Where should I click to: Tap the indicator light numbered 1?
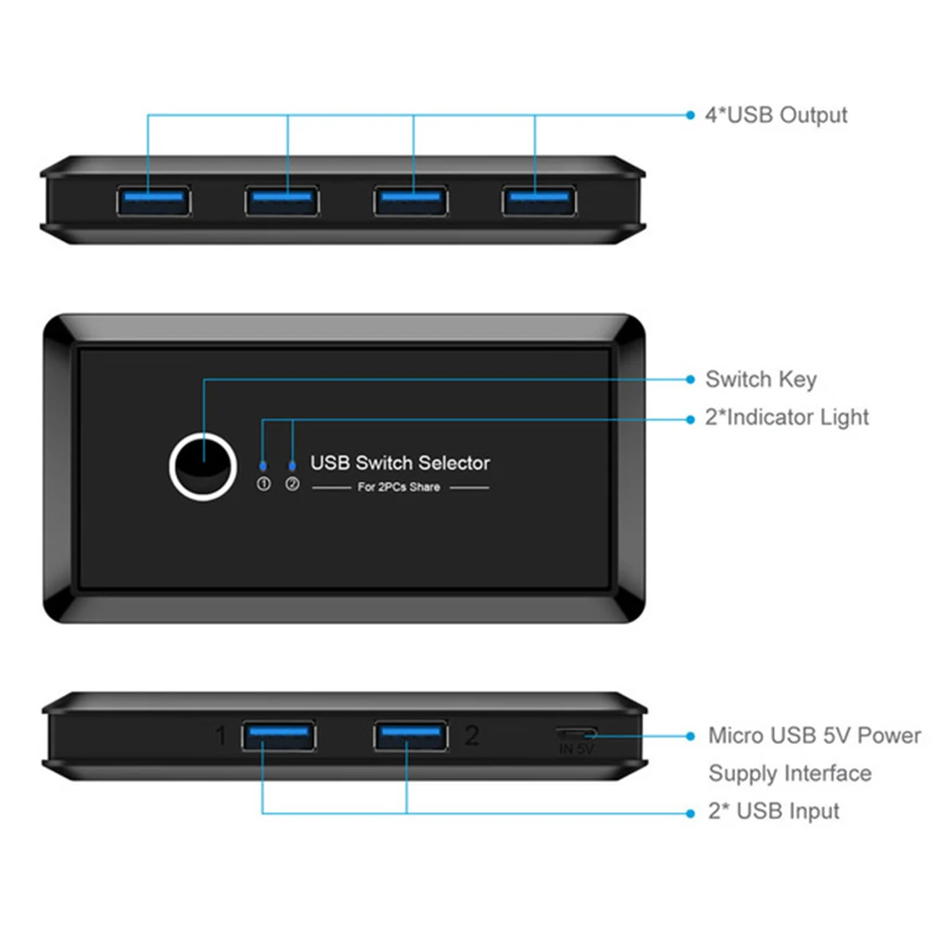click(x=264, y=466)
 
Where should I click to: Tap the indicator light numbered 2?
click(x=292, y=466)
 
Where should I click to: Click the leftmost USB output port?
click(x=154, y=201)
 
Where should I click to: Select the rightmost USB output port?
click(x=539, y=201)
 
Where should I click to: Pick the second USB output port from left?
click(x=282, y=201)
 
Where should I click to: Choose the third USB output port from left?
click(x=411, y=201)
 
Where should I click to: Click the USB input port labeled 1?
click(x=278, y=736)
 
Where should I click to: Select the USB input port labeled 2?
click(x=411, y=736)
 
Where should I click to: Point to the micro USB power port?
click(x=575, y=733)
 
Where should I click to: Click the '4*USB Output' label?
click(x=776, y=116)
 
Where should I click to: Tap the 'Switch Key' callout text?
click(x=761, y=379)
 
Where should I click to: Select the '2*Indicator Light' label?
click(x=787, y=417)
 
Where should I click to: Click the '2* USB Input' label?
click(x=774, y=812)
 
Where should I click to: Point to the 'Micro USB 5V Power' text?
click(x=814, y=736)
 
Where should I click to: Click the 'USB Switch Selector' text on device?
click(x=400, y=463)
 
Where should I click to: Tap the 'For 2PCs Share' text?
click(x=399, y=488)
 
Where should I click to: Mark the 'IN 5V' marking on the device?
click(x=576, y=750)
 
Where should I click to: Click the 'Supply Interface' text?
click(x=789, y=774)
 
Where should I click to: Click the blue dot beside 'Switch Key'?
click(x=689, y=379)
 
